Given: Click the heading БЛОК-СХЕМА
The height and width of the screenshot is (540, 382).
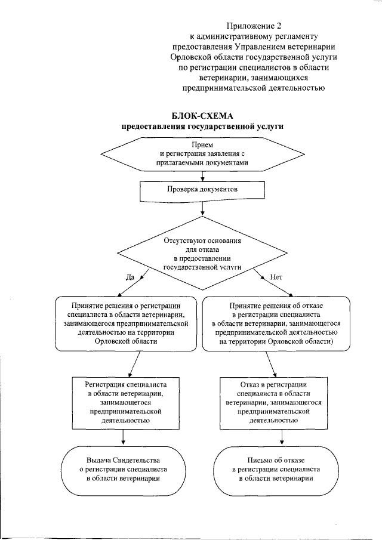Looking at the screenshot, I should click(x=202, y=116).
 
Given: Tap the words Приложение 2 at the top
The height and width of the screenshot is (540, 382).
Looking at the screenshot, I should click(x=254, y=26).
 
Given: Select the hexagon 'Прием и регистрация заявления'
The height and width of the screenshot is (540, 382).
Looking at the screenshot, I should click(x=202, y=154).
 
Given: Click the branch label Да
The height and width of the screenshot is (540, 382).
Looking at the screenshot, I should click(x=130, y=277).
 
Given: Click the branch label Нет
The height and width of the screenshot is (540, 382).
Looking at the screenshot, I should click(x=276, y=277).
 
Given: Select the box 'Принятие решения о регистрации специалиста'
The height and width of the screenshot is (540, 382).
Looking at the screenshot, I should click(x=126, y=323).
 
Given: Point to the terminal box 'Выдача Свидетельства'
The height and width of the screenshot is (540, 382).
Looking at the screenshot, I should click(x=123, y=470).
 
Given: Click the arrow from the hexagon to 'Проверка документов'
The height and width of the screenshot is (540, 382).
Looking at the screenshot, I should click(x=202, y=174).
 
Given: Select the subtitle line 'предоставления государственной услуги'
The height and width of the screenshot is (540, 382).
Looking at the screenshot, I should click(x=202, y=126).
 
